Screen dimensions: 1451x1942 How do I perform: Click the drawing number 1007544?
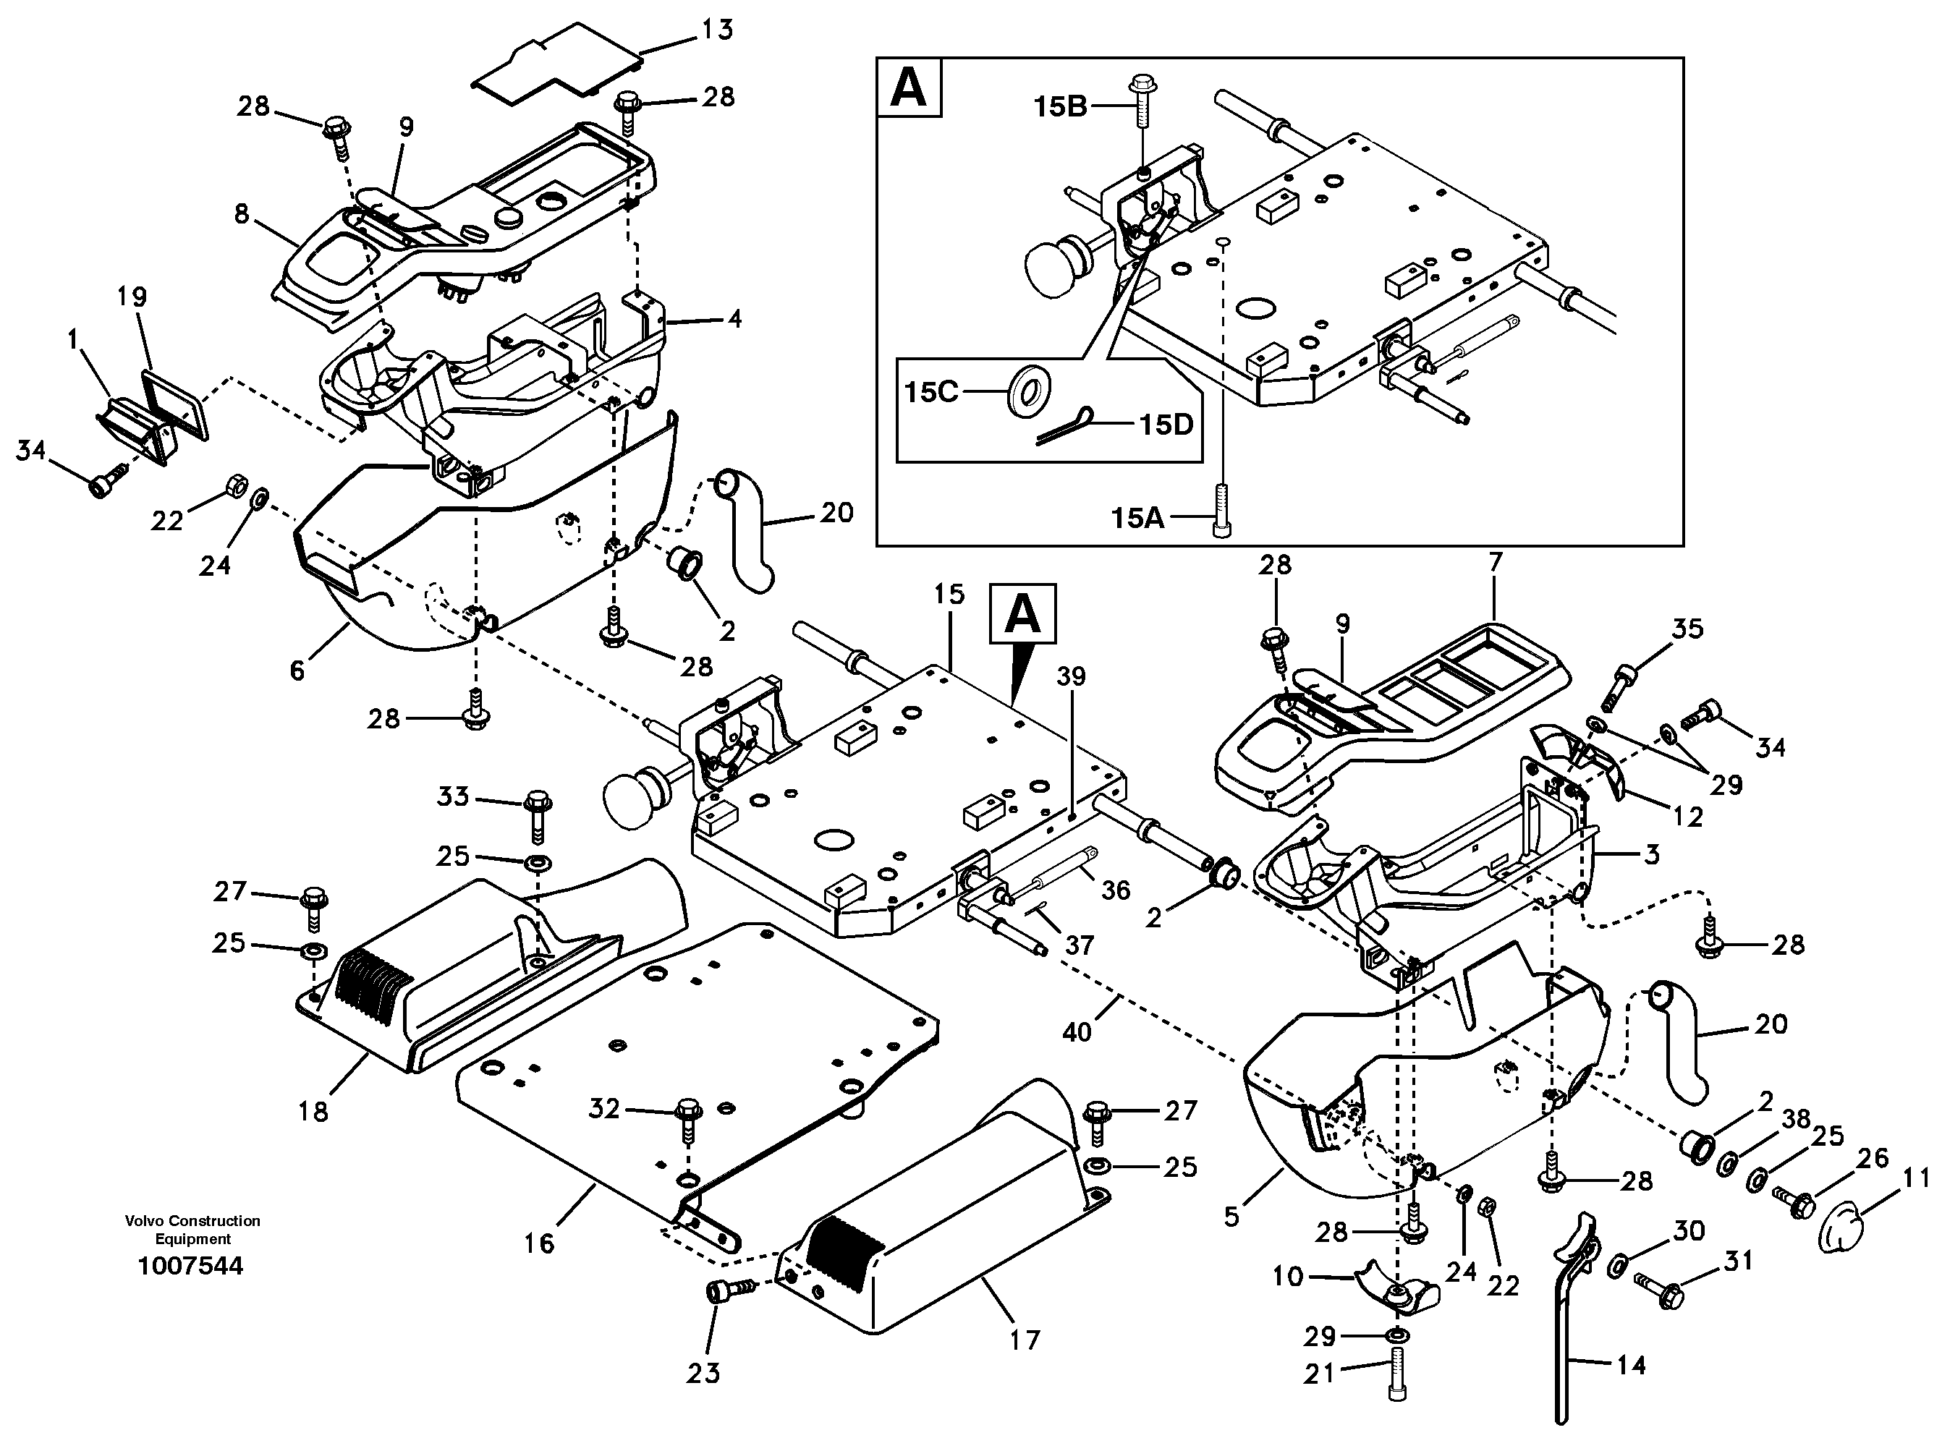coord(190,1265)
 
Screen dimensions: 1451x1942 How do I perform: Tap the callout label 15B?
coord(1061,106)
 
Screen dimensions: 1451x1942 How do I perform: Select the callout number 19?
coord(132,297)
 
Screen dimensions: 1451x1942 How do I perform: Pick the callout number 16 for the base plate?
coord(539,1243)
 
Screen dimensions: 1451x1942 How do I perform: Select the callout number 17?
coord(1025,1340)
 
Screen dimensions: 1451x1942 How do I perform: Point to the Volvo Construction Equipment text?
coord(192,1229)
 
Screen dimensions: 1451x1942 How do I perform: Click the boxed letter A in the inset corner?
coord(909,88)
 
